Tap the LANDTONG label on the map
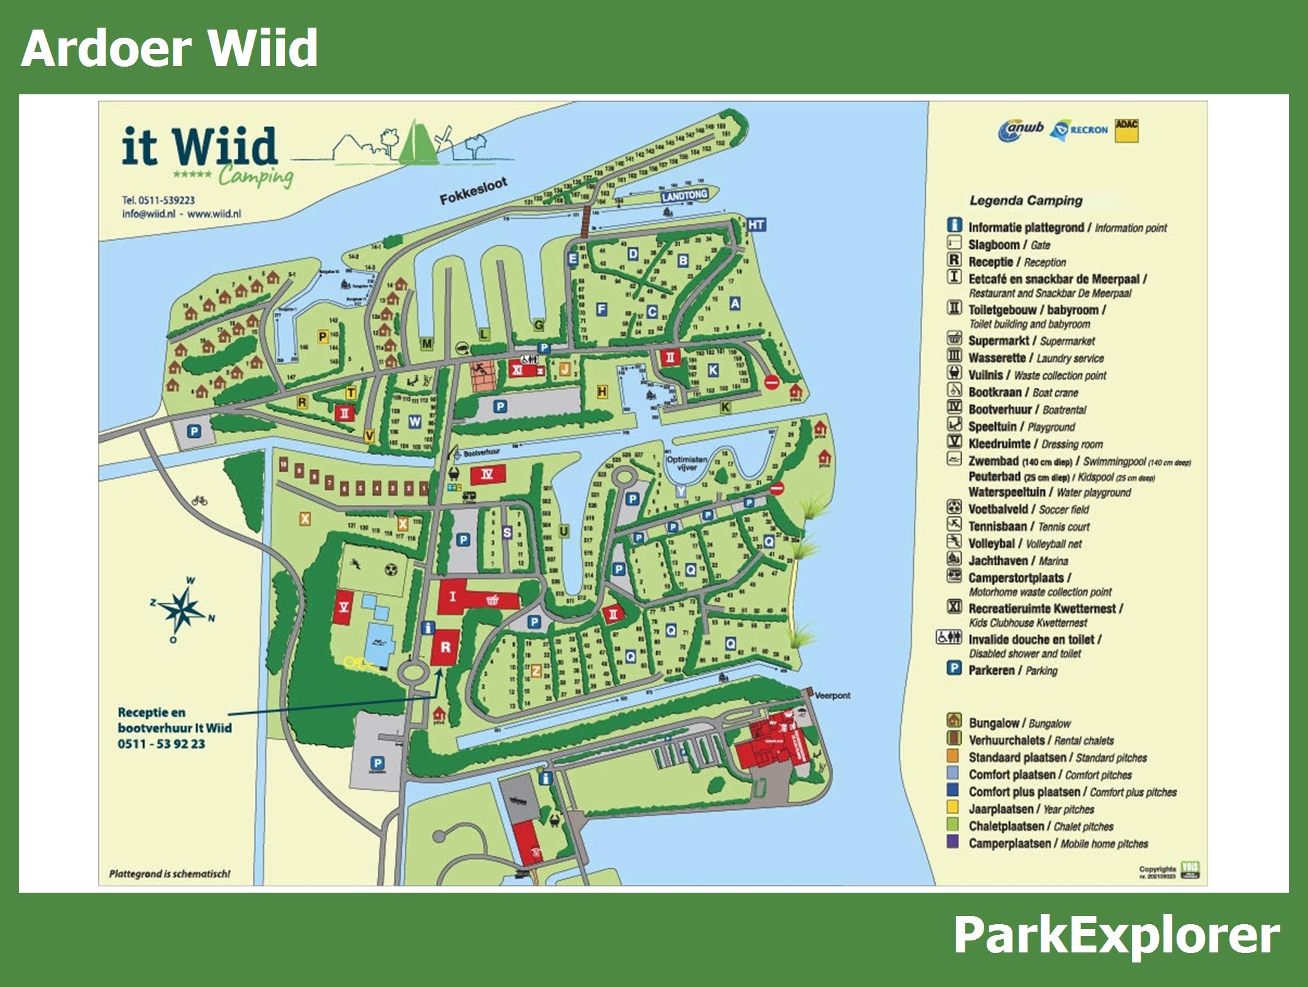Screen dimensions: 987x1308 coord(684,196)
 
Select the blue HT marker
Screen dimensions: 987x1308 coord(756,225)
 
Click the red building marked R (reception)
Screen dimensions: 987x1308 coord(446,647)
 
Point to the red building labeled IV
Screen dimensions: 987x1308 coord(487,474)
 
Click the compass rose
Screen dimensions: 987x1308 coord(182,608)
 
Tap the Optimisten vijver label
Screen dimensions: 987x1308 coord(687,463)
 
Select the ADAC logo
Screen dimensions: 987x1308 coord(1126,131)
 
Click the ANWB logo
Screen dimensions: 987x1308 coord(1021,130)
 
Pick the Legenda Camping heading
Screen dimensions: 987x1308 coord(1026,201)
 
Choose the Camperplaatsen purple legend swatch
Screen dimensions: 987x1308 coord(953,842)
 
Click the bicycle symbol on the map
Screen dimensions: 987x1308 coord(199,500)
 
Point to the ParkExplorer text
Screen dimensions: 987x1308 coord(1116,936)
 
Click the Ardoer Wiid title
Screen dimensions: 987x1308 coord(170,48)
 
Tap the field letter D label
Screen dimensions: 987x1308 coord(633,254)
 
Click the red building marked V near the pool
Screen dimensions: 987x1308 coord(343,607)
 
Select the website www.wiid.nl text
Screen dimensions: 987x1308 coord(214,214)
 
